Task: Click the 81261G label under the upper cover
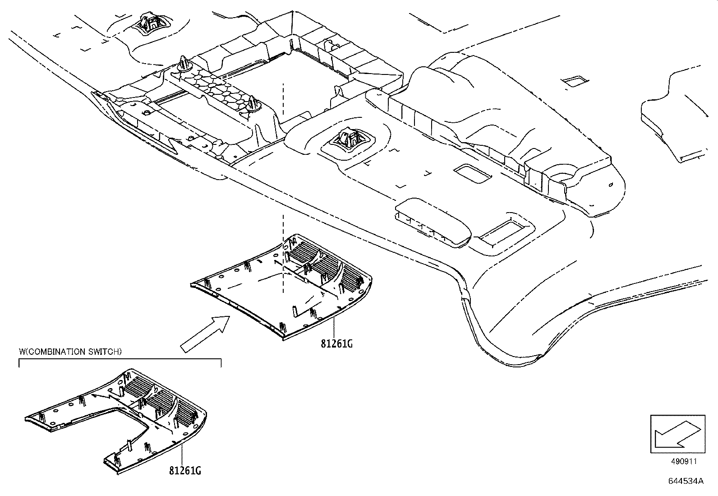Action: point(336,344)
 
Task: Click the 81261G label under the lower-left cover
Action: point(185,471)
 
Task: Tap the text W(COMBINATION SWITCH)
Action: point(70,352)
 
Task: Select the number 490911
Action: point(683,461)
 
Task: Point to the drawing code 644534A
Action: point(686,481)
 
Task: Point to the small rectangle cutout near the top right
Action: point(575,81)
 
